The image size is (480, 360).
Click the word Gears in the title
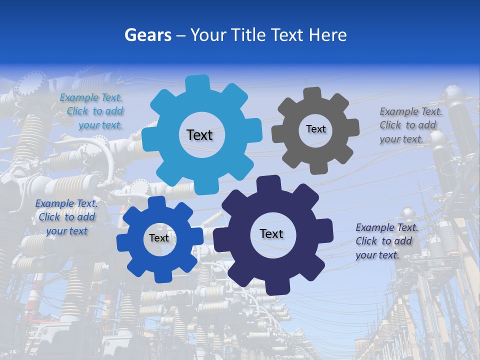pyautogui.click(x=147, y=35)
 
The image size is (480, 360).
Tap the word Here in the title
pyautogui.click(x=328, y=35)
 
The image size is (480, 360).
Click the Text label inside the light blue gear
pyautogui.click(x=199, y=135)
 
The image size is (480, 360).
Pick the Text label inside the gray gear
pyautogui.click(x=315, y=129)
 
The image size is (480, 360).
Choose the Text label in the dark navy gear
pyautogui.click(x=271, y=233)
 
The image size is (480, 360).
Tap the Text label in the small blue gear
pyautogui.click(x=159, y=238)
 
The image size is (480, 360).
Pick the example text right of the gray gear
pyautogui.click(x=410, y=125)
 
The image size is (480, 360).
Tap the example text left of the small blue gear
pyautogui.click(x=66, y=217)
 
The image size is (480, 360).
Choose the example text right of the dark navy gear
pyautogui.click(x=386, y=241)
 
